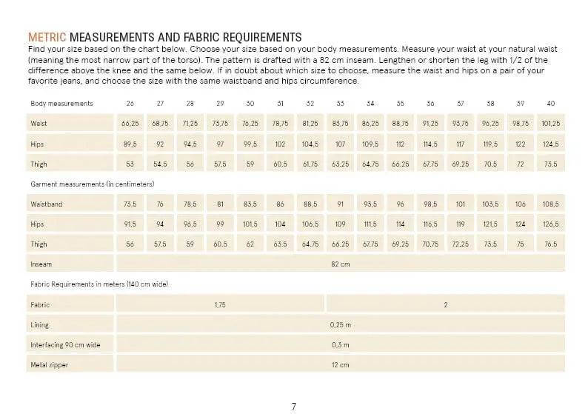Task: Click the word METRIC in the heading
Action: point(47,37)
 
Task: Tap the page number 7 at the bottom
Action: point(294,406)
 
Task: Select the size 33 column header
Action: point(340,103)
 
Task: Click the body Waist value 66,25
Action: point(130,123)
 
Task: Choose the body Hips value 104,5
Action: point(310,144)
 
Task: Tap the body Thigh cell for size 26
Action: point(130,164)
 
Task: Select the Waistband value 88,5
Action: point(310,203)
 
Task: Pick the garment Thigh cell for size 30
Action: point(250,244)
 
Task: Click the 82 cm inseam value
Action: point(340,264)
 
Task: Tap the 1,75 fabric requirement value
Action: point(220,304)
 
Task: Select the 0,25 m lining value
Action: point(340,324)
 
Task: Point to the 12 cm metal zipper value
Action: point(340,365)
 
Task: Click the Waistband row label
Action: point(47,203)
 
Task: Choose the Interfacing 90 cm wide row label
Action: point(64,345)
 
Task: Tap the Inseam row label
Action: point(41,264)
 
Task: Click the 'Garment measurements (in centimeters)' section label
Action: point(93,183)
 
